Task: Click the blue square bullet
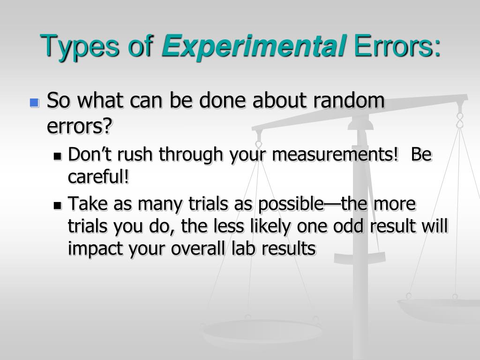[x=34, y=103]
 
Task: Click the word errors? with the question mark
[x=81, y=125]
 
